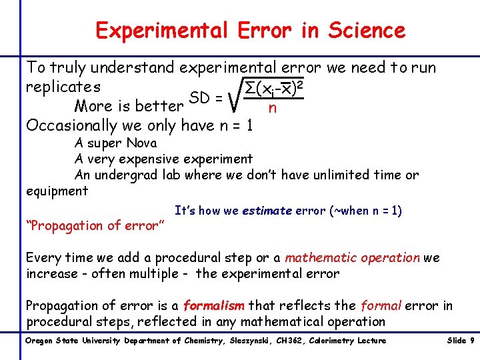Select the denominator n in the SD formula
coord(271,108)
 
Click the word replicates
coord(63,87)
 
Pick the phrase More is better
coord(129,106)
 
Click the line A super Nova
coord(116,143)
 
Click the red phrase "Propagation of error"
coord(95,225)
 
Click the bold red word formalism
coord(214,306)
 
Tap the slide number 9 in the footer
coord(472,341)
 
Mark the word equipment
coord(57,191)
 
